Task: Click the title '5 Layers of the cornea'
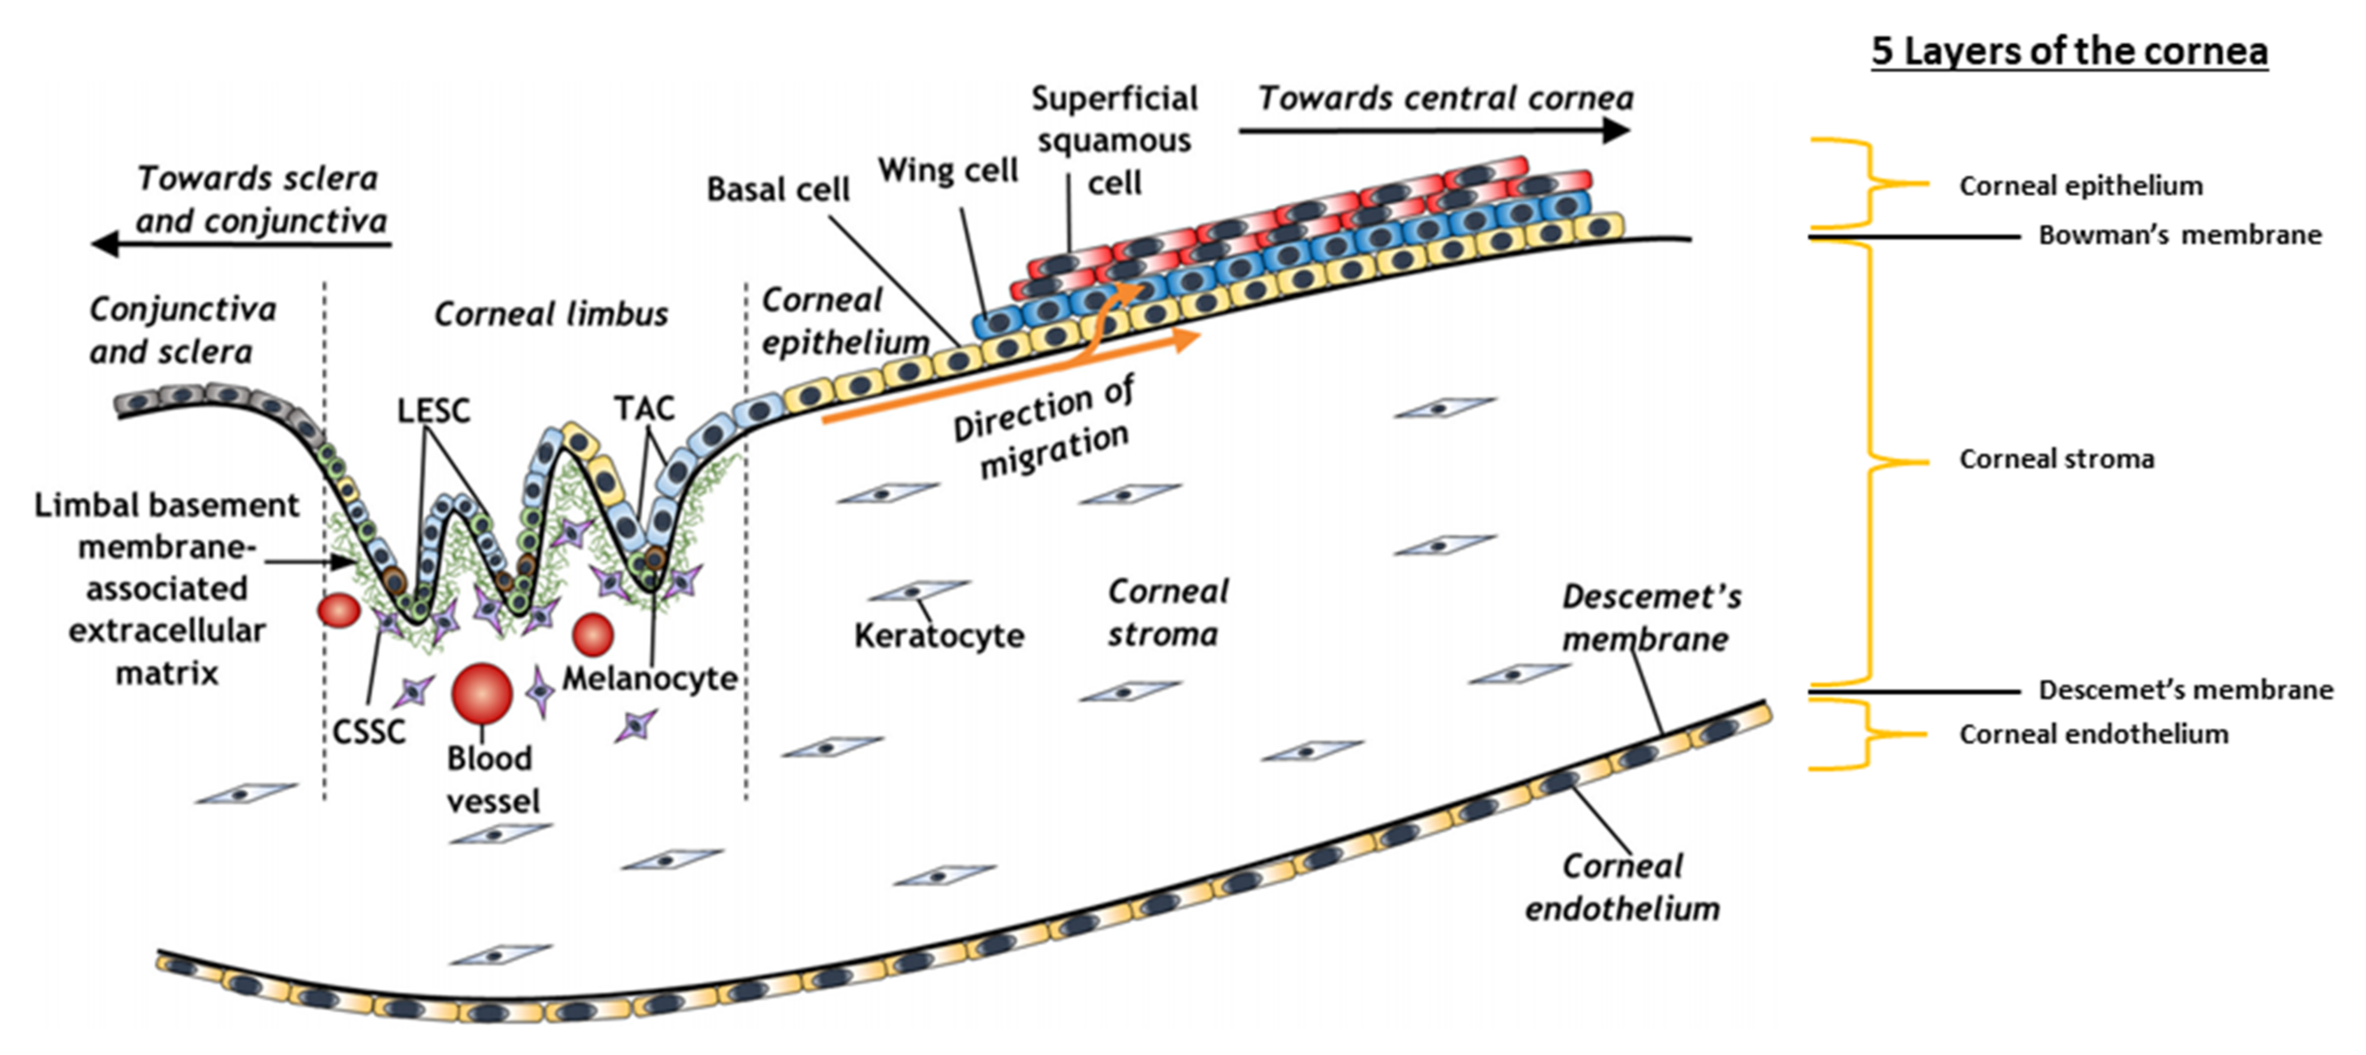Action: tap(2069, 51)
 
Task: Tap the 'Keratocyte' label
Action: tap(939, 635)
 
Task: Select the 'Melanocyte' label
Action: tap(650, 679)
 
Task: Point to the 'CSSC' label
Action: tap(368, 732)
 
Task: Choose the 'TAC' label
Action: tap(644, 408)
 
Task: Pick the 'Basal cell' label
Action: tap(778, 189)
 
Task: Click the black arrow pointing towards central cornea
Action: tap(1433, 130)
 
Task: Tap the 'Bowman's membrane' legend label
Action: tap(2180, 235)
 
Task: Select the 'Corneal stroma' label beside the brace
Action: tap(2056, 459)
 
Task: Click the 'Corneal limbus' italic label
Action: tap(551, 314)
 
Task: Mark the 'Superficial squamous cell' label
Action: tap(1114, 140)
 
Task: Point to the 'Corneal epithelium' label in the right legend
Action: tap(2081, 185)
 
